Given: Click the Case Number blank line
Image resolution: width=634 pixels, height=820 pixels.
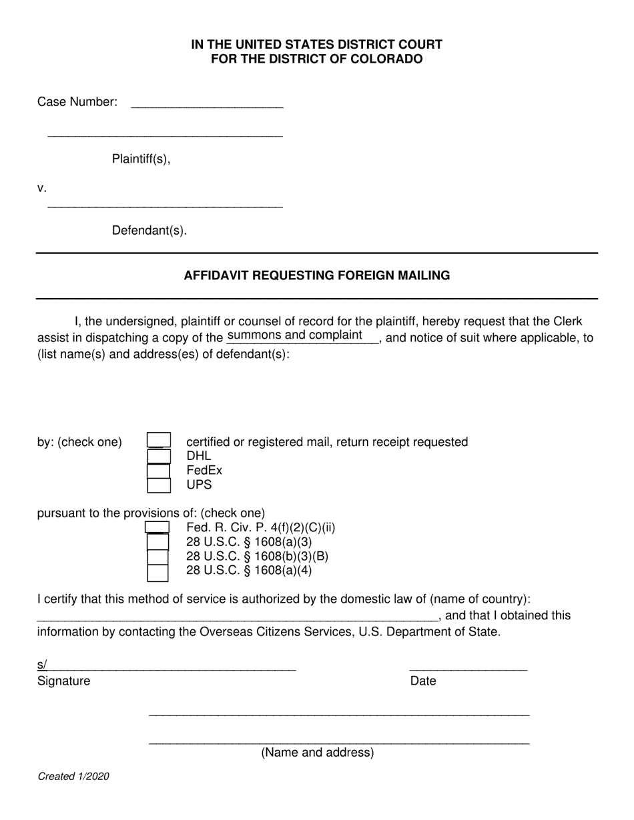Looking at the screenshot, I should click(207, 103).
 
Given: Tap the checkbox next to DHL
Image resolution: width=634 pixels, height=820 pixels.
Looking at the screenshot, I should click(159, 457).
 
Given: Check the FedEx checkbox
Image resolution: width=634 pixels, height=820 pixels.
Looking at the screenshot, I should click(159, 471).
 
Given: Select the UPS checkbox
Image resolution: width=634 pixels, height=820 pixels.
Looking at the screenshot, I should click(159, 485).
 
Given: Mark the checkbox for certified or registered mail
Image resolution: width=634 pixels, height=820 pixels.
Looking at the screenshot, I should click(159, 441).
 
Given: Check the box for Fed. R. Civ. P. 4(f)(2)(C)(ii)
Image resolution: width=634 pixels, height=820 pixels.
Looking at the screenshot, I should click(157, 528).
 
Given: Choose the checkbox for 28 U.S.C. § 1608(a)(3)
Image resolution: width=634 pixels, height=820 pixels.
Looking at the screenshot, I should click(157, 542).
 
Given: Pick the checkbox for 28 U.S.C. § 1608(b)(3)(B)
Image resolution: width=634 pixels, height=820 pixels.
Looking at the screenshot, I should click(157, 557).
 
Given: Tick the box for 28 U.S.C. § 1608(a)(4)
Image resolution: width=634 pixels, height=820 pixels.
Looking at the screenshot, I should click(157, 571).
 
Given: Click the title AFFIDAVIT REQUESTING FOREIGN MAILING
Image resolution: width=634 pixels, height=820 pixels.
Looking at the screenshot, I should click(316, 275).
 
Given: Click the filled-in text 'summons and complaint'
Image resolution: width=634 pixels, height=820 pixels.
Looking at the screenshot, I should click(295, 335).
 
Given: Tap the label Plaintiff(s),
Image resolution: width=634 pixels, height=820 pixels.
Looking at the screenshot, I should click(141, 159).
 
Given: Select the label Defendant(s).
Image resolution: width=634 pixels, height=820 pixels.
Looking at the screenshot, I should click(149, 231).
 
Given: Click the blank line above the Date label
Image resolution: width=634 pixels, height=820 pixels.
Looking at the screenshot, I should click(468, 665).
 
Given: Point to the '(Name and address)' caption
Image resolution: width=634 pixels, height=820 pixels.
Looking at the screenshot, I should click(317, 753).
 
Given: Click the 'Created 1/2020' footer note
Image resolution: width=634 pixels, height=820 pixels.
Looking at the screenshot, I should click(73, 777).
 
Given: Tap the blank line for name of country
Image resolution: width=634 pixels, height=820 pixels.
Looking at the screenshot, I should click(237, 616).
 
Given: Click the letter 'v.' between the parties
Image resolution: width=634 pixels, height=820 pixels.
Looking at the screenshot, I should click(42, 188).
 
